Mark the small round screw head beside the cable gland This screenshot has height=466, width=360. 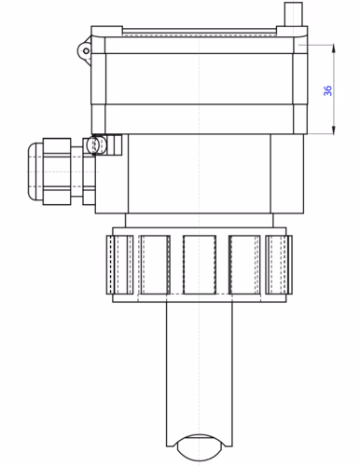(93, 145)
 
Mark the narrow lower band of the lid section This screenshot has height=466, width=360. (200, 118)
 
